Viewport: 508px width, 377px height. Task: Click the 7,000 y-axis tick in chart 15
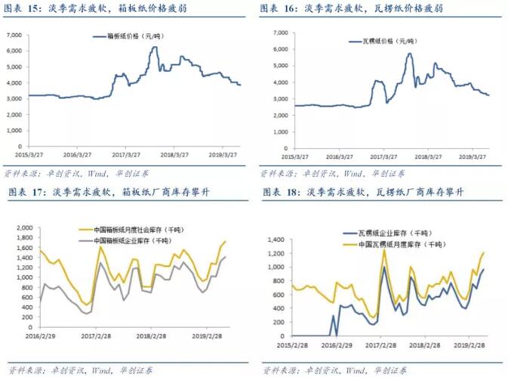point(16,35)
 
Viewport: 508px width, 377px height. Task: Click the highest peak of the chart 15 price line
point(154,48)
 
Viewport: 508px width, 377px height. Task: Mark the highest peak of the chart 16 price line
point(409,53)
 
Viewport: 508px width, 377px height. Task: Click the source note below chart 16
point(336,173)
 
